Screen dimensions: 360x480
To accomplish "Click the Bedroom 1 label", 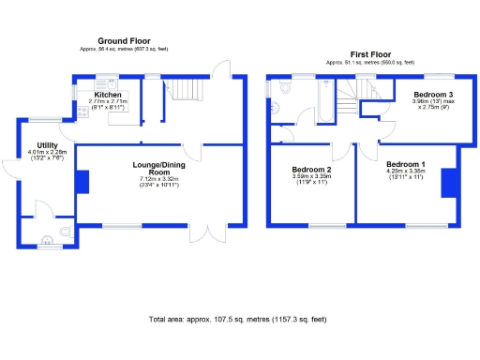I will coord(405,164).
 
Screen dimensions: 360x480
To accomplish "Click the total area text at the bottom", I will coord(239,320).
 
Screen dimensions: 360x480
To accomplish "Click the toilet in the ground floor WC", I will coord(63,231).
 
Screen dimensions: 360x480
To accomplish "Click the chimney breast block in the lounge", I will coord(82,180).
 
